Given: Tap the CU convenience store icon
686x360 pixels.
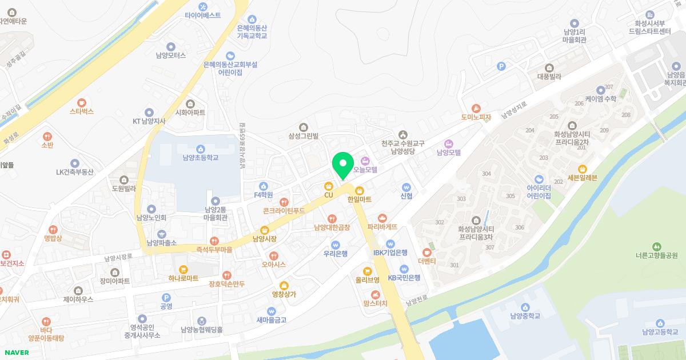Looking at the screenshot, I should (x=328, y=186).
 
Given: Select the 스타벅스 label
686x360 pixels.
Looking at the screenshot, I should (x=82, y=111).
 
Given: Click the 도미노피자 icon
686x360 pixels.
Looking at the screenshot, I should (x=476, y=108).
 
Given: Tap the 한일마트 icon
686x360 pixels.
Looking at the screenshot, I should (x=360, y=190).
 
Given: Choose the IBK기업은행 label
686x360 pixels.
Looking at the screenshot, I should (x=390, y=252).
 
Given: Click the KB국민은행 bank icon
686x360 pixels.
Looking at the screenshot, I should (x=404, y=269).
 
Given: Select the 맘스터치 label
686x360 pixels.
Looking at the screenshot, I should (x=375, y=303).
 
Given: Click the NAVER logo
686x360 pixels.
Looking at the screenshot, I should (x=16, y=352).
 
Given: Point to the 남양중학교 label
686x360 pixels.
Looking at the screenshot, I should (x=525, y=315).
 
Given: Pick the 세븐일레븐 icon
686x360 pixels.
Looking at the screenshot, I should (x=583, y=169).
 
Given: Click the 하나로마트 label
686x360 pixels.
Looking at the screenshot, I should (x=183, y=278).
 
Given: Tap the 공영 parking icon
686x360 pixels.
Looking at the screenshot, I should (x=166, y=297).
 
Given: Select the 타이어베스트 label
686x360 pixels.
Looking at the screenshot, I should (x=202, y=15).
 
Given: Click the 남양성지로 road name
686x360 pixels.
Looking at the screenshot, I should (x=513, y=111).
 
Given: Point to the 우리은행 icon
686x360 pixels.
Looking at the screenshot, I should (x=336, y=245).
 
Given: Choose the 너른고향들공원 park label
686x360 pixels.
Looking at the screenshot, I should (x=656, y=255).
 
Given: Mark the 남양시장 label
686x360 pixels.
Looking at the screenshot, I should (x=265, y=238).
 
